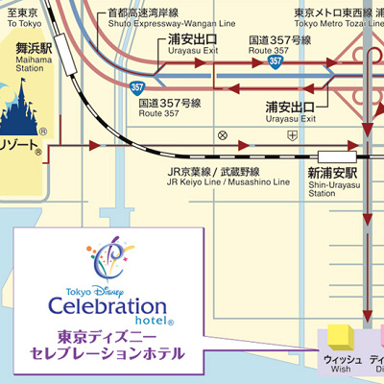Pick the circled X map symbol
pos(223,134)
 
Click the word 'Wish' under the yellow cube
pos(342,370)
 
